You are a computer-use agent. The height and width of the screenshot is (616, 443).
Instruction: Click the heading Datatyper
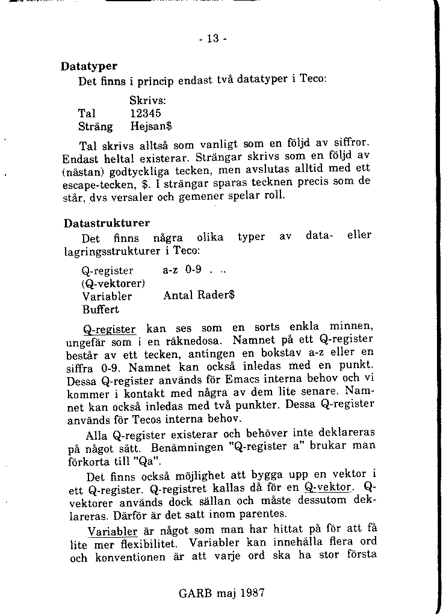point(88,66)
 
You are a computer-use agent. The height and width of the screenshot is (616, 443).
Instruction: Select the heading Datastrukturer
point(107,223)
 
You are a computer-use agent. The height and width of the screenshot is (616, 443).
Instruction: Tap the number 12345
point(146,112)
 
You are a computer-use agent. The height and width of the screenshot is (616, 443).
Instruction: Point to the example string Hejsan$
point(151,126)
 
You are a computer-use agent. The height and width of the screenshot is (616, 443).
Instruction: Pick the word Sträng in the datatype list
point(96,126)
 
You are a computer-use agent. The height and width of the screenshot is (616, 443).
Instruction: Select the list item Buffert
point(101,310)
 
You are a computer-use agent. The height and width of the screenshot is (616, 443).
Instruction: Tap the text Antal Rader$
point(199,296)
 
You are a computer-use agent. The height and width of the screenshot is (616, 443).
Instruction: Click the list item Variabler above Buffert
point(107,296)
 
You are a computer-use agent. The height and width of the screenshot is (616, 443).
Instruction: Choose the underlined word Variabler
point(113,532)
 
